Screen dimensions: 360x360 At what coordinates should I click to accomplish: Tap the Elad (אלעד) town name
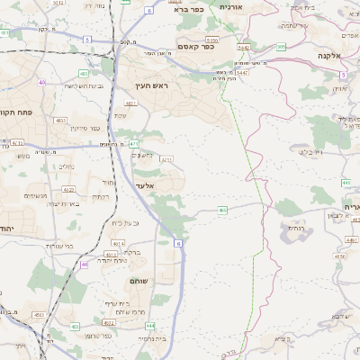coord(145,185)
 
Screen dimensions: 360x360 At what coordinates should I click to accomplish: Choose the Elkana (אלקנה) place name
coord(333,56)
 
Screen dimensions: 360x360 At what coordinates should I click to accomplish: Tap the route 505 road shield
coord(282,47)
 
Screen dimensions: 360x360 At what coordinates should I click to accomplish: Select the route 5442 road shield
coord(243,47)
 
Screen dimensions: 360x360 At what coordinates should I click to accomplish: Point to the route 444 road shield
coord(149,325)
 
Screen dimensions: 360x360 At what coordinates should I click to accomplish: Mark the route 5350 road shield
coord(212,40)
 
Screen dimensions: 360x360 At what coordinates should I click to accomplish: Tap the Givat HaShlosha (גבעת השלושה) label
coord(68,86)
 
